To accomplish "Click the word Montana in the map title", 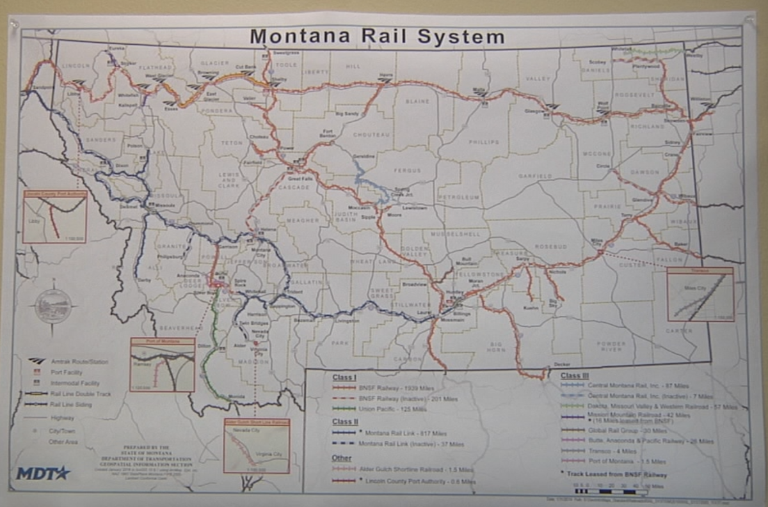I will (x=300, y=36).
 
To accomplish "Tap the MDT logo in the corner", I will (x=43, y=474).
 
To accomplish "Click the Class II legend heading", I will (x=345, y=422).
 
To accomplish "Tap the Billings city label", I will (x=461, y=314).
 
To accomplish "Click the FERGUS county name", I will (x=408, y=171).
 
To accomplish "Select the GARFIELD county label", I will (x=535, y=175).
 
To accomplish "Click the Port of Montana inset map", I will (x=162, y=364).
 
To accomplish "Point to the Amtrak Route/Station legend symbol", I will (x=38, y=361).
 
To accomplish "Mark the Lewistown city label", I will (x=413, y=208).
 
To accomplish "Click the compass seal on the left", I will (x=53, y=306).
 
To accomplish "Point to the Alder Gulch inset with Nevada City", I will (x=256, y=446).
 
